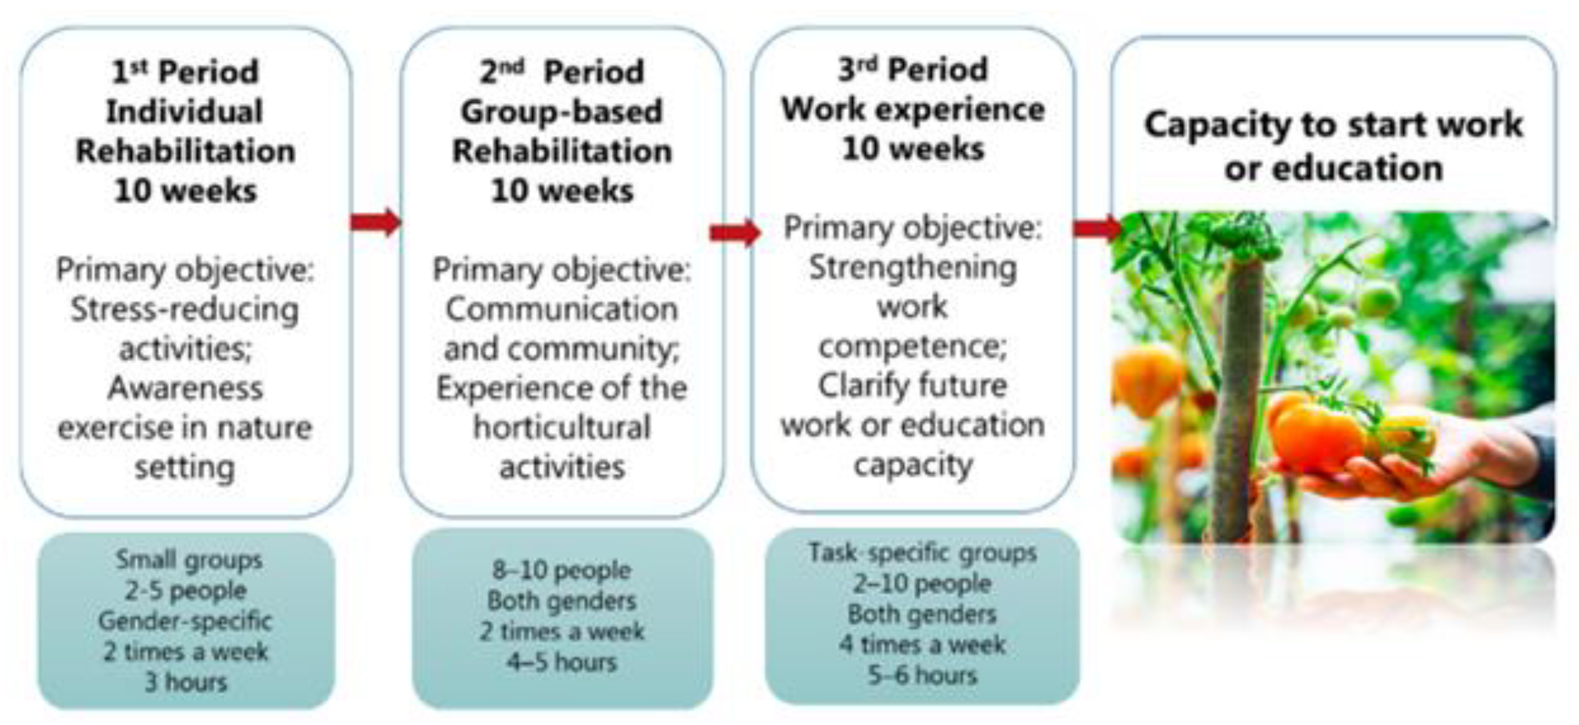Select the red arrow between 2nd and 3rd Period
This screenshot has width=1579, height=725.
click(735, 232)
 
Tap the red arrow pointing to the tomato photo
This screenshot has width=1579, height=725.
click(1098, 228)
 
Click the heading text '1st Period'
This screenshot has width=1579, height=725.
click(185, 71)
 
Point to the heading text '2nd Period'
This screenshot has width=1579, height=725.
click(562, 71)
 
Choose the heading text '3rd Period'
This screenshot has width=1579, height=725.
click(913, 69)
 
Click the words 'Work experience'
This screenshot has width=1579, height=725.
click(913, 109)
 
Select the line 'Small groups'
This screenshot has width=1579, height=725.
click(189, 559)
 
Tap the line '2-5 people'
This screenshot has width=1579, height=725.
click(186, 590)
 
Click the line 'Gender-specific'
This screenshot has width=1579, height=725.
click(185, 621)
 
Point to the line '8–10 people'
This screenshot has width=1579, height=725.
click(562, 570)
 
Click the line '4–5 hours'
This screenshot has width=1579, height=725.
click(562, 662)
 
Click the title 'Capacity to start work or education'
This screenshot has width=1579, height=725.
click(1333, 147)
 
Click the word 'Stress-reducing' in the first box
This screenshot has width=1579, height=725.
click(185, 310)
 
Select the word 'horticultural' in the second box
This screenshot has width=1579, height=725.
click(562, 427)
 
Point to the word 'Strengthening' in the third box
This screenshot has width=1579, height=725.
click(913, 268)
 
